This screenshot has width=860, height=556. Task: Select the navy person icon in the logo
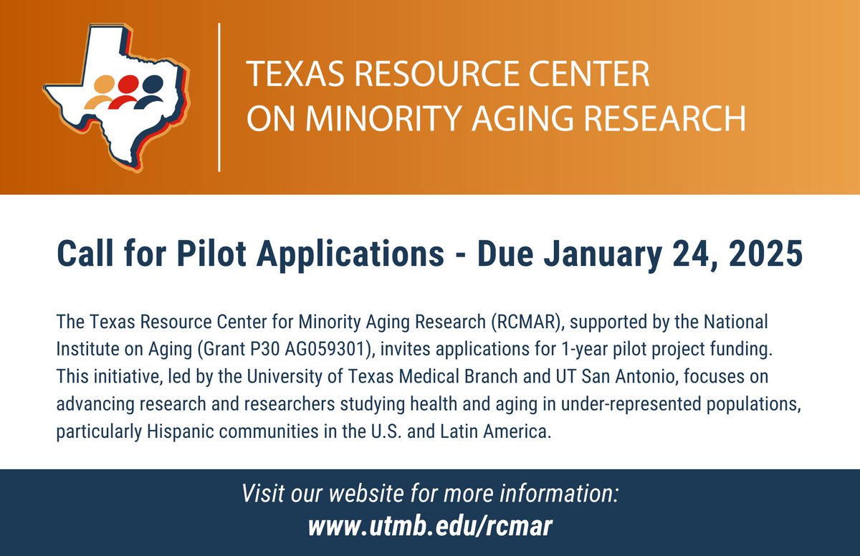pyautogui.click(x=151, y=91)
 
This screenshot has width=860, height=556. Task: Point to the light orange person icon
pyautogui.click(x=104, y=91)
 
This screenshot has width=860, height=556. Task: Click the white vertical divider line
pyautogui.click(x=219, y=97)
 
